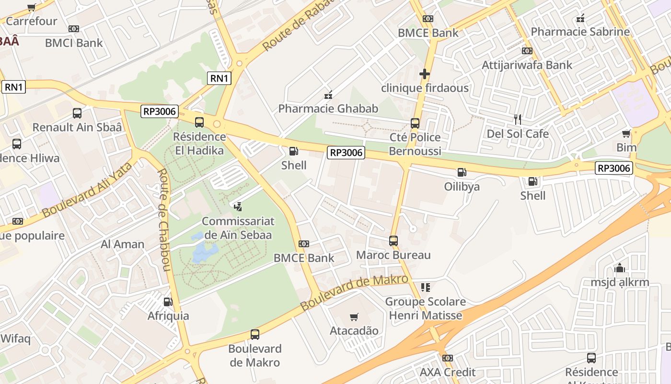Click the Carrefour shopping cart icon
pos(32,8)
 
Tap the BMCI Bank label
pos(74,43)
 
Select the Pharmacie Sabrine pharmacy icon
pos(580,19)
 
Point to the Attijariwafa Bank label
pos(527,65)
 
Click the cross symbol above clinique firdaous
pos(424,74)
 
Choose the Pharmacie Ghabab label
pos(328,108)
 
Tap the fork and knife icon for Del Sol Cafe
pos(518,119)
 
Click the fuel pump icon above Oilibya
pos(462,172)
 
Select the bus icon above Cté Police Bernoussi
pos(415,123)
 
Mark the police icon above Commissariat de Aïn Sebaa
pos(238,207)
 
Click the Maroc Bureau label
pos(393,255)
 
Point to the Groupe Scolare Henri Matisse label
pos(425,309)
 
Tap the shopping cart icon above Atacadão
pos(354,317)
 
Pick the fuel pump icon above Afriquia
pos(168,301)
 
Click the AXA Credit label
pos(448,372)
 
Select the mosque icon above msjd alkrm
pos(620,268)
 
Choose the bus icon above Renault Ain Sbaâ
pos(77,113)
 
